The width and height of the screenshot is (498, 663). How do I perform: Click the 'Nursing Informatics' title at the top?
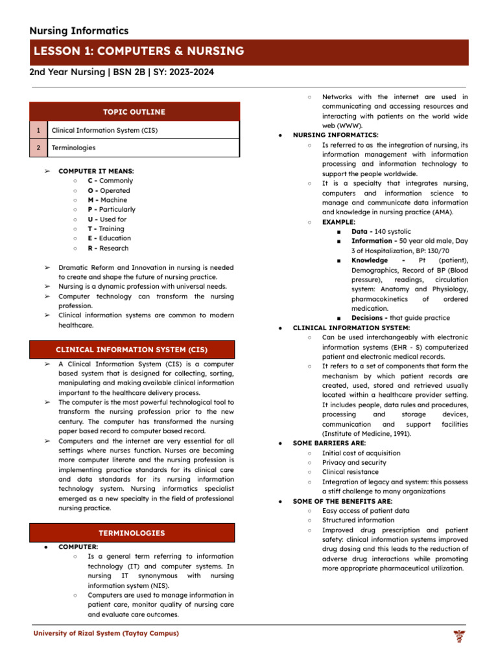tap(79, 30)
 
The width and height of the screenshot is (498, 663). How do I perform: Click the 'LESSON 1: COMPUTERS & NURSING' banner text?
tap(139, 51)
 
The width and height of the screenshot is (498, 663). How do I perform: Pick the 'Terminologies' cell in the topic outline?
tap(73, 148)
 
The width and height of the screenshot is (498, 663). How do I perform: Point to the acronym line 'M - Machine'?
tap(108, 200)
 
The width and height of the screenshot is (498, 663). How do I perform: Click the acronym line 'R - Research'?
tap(108, 248)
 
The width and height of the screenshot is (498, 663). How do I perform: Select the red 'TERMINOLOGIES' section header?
tap(132, 533)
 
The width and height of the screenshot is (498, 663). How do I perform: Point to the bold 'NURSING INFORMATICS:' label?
tap(336, 135)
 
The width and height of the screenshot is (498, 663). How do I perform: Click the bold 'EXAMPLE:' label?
tap(338, 221)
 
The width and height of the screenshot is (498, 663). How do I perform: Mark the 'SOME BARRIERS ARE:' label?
tap(329, 444)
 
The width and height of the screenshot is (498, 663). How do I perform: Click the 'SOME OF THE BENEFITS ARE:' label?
tap(342, 501)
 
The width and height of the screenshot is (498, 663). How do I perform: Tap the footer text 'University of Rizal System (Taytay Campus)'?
tap(106, 633)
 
